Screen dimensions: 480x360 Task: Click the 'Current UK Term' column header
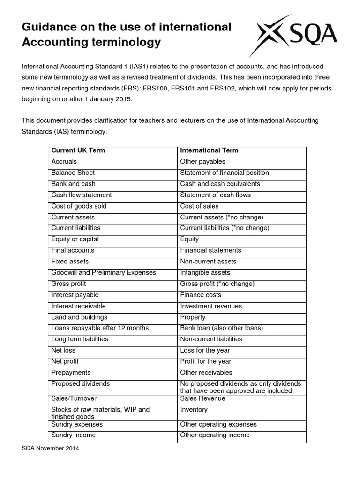78,150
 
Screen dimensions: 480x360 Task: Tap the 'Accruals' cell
64,162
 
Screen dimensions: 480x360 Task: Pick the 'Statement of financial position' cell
225,173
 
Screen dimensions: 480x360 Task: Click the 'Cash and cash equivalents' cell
220,184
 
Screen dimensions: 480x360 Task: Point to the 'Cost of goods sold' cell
79,206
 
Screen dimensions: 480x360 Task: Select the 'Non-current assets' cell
208,262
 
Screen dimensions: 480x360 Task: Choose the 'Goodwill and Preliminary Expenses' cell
104,273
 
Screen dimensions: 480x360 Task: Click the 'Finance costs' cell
201,295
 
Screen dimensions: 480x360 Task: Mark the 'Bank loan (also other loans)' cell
222,328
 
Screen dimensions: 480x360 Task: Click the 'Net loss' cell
63,350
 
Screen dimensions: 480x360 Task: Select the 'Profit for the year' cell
205,361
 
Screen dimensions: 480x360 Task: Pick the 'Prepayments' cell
71,373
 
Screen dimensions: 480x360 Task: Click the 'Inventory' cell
194,410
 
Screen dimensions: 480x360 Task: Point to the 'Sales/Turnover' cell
74,398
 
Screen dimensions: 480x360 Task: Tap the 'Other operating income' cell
215,435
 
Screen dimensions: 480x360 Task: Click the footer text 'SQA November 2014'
51,449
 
